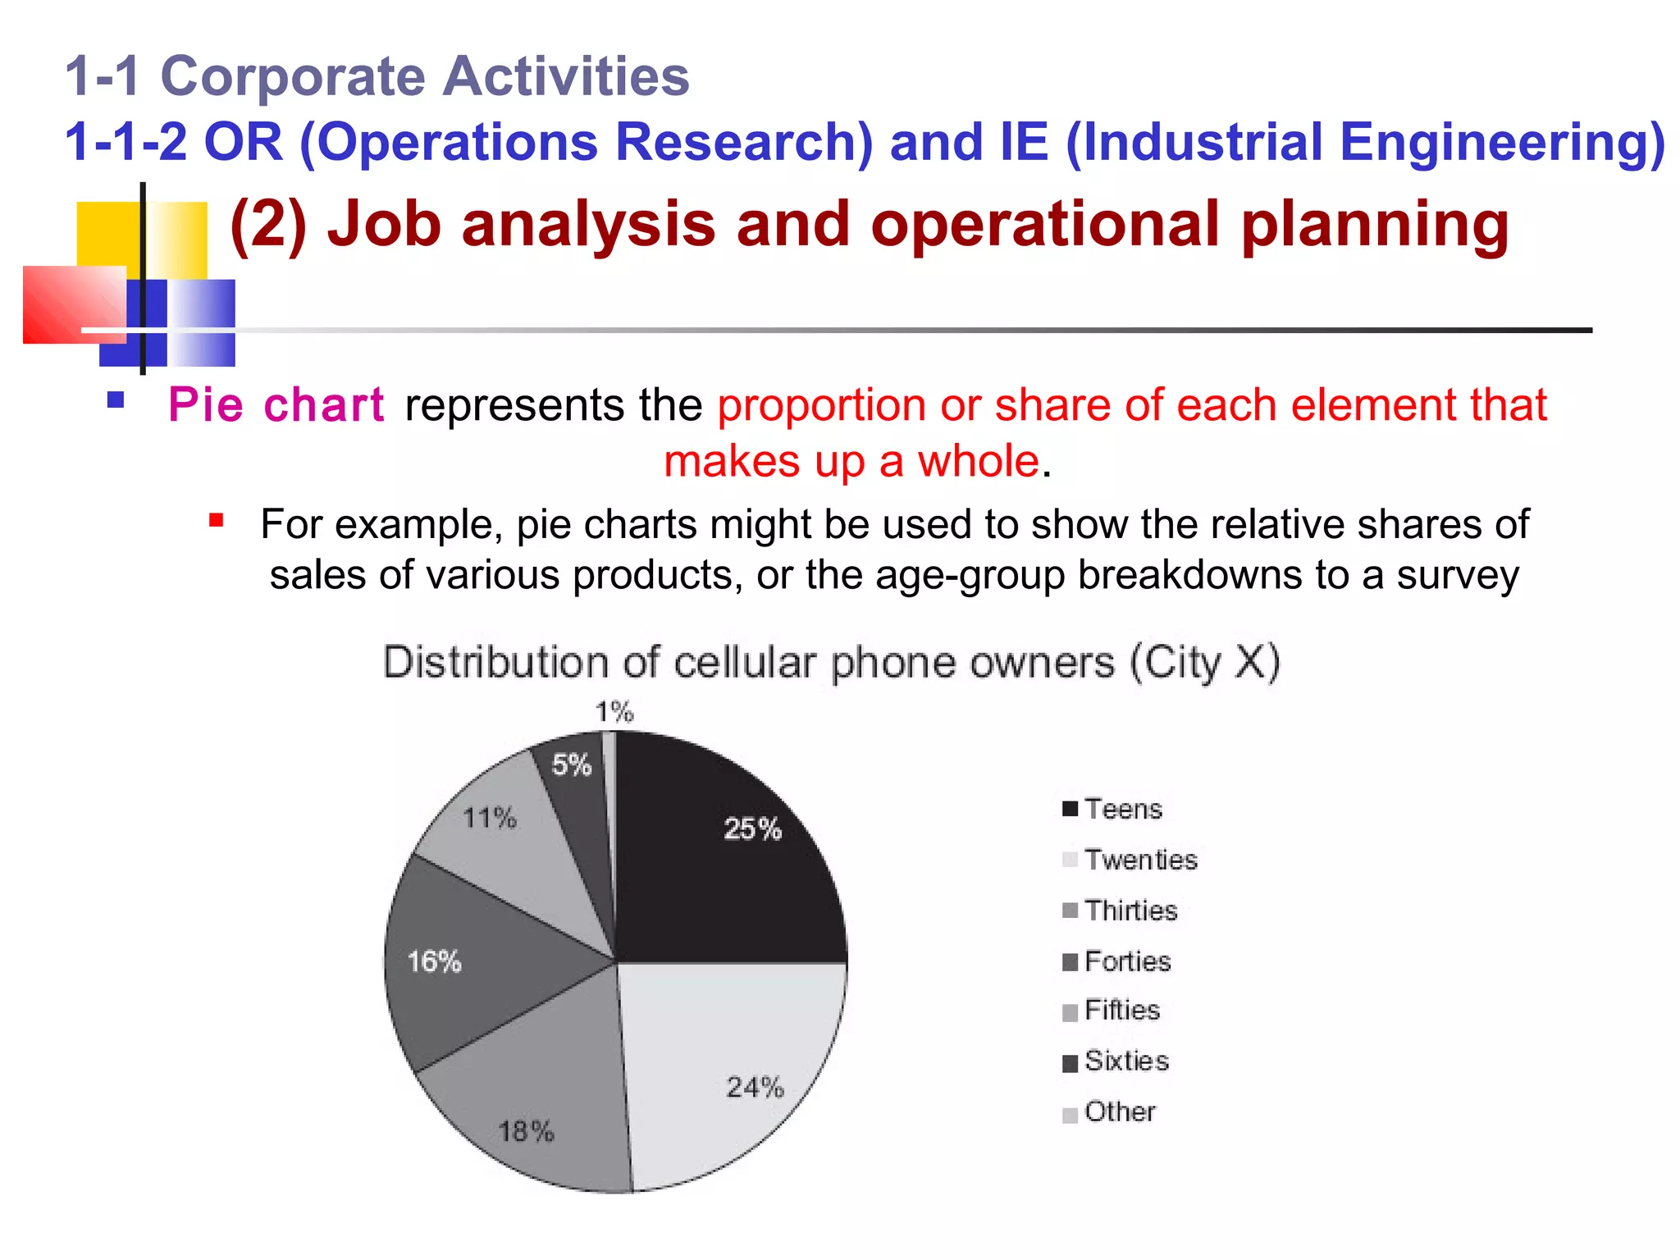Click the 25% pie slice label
tap(752, 829)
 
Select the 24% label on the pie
tap(755, 1087)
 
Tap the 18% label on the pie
tap(526, 1132)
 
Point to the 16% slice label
tap(434, 961)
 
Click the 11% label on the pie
tap(490, 818)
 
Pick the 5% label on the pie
tap(571, 765)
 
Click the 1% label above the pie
tap(614, 711)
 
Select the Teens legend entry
tap(1122, 810)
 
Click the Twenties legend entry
tap(1140, 860)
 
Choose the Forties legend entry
tap(1126, 961)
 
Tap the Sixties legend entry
tap(1125, 1061)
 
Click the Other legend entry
tap(1119, 1112)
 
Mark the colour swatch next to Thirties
tap(1070, 911)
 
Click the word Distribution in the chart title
tap(496, 662)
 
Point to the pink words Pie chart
tap(276, 405)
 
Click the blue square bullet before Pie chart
tap(116, 400)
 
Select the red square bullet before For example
tap(216, 520)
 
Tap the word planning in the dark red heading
tap(1374, 226)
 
